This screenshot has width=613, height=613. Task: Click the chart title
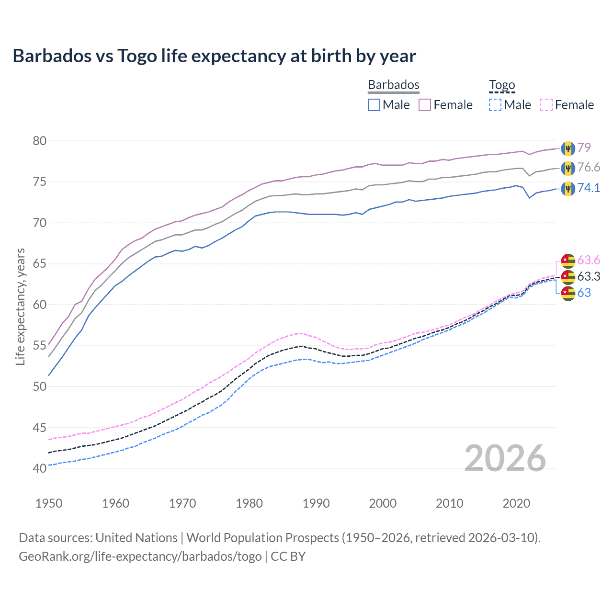coord(214,56)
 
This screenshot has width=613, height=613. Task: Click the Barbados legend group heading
coord(393,85)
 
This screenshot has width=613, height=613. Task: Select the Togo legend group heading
coord(501,85)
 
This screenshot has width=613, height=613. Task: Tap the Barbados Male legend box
coord(374,105)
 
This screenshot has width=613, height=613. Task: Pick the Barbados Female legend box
coord(425,105)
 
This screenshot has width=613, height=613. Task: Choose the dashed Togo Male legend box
coord(495,105)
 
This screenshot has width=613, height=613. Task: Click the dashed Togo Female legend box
coord(546,105)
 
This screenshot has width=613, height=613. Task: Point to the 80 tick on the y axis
coord(40,141)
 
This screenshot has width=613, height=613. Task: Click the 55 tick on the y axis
coord(40,346)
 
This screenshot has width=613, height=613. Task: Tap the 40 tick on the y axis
coord(40,468)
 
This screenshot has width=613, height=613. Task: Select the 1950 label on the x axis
coord(49,503)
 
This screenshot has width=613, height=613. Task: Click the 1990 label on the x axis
coord(316,503)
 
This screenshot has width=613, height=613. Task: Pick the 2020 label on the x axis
coord(516,503)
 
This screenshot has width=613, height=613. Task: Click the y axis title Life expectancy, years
coord(20,306)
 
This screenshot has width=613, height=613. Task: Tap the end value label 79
coord(584,148)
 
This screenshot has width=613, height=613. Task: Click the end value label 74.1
coord(589,188)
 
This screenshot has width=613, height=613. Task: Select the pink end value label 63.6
coord(589,260)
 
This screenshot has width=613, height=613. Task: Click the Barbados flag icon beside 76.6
coord(568,168)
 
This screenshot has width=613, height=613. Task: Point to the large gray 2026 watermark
coord(505,458)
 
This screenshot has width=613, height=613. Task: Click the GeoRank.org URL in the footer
coord(140,556)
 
